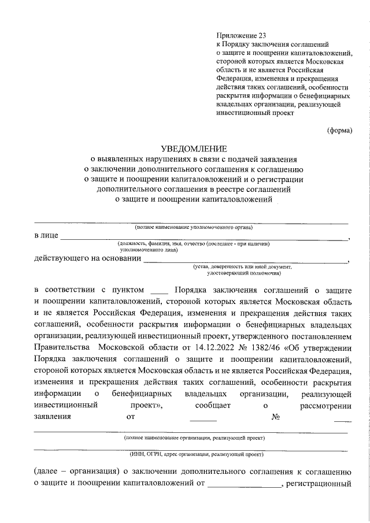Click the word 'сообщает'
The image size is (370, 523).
click(214, 405)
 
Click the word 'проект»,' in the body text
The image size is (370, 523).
click(147, 405)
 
